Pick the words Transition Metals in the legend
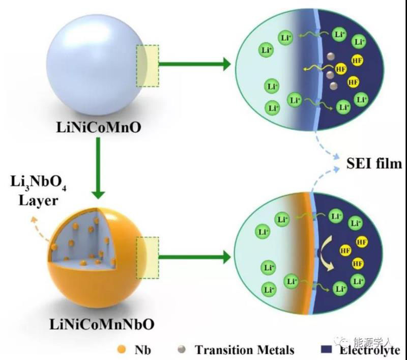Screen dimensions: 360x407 pos(245,350)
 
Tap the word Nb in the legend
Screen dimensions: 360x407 pos(140,350)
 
